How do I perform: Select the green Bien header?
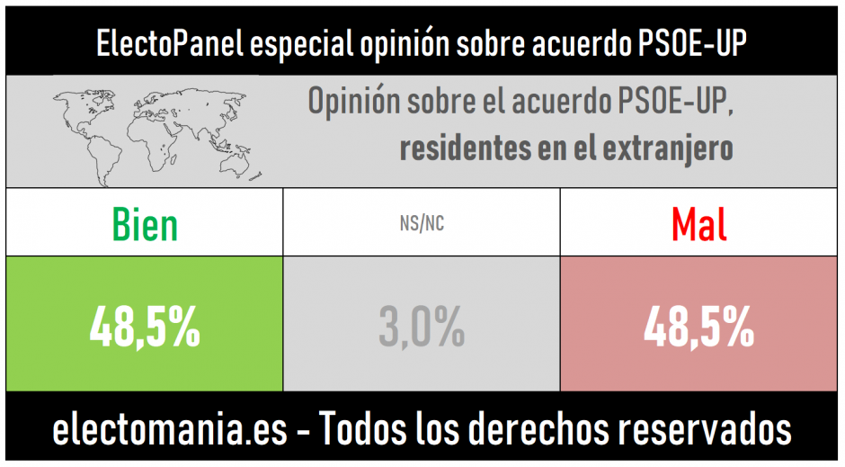tap(145, 224)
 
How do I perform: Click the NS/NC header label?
tap(422, 224)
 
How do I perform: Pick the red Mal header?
tap(699, 224)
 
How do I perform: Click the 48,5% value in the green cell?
tap(145, 328)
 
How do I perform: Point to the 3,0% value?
tap(422, 328)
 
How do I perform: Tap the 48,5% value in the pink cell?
tap(699, 328)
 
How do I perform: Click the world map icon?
tap(133, 129)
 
